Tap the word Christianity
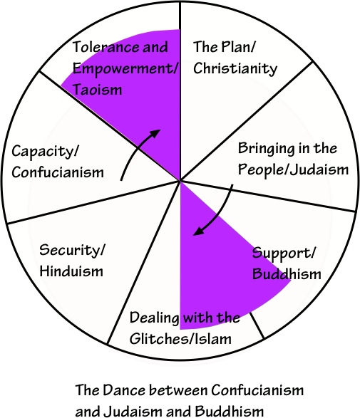pos(235,69)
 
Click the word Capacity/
pos(42,151)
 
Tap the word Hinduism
pos(71,271)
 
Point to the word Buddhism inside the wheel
pos(287,274)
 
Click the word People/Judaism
pos(293,169)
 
